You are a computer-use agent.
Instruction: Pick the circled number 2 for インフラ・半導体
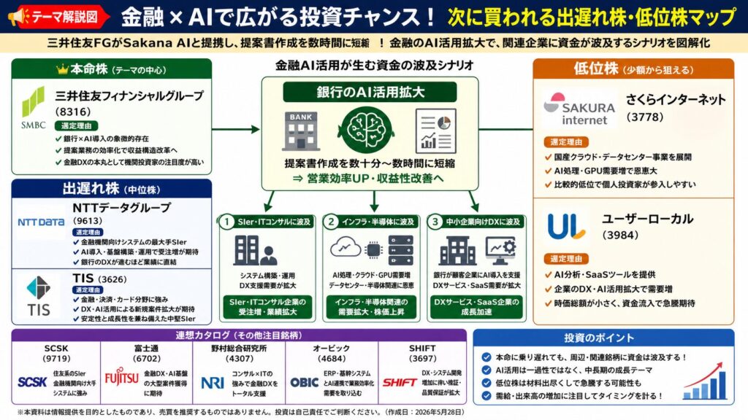331,222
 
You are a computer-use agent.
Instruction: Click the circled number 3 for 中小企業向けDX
435,222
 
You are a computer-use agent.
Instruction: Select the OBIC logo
304,381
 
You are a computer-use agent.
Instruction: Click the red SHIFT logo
400,381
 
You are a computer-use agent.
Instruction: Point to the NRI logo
213,382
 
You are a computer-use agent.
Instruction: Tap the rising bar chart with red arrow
706,378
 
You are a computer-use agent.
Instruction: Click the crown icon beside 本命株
62,70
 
